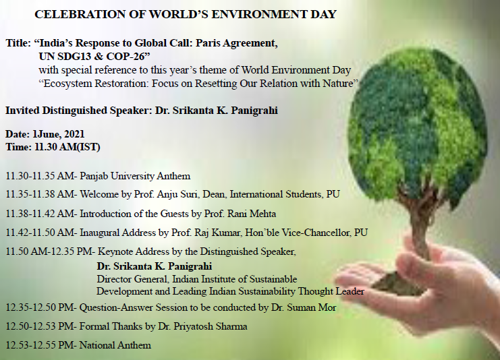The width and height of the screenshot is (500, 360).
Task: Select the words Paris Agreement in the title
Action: click(x=236, y=43)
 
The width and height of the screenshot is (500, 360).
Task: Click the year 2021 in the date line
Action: click(x=75, y=134)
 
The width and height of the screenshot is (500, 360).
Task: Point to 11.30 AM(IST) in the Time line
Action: click(x=67, y=147)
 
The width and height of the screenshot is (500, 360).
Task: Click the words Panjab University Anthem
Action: click(x=135, y=176)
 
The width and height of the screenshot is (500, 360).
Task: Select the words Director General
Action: click(x=132, y=279)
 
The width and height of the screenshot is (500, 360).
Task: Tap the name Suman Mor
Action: click(x=311, y=307)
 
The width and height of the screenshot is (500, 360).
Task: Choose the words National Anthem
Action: click(x=115, y=345)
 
